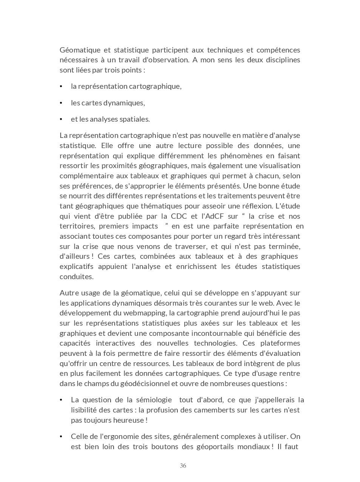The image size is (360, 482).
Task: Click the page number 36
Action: click(x=183, y=466)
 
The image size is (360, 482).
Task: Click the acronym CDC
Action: click(x=179, y=216)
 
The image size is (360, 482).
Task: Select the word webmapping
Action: click(x=147, y=313)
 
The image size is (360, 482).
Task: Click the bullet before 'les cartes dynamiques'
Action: click(x=61, y=103)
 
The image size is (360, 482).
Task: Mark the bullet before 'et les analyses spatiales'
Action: click(x=61, y=119)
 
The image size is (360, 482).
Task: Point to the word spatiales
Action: click(x=134, y=119)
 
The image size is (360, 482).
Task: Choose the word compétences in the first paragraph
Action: click(x=278, y=50)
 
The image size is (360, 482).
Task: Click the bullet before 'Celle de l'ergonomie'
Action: click(x=61, y=437)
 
